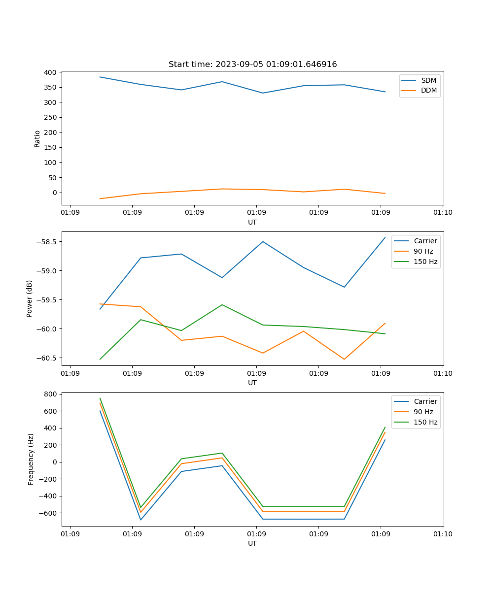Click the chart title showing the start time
[x=252, y=65]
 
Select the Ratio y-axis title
[x=37, y=138]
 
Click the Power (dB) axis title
[x=30, y=298]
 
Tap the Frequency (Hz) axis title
[x=31, y=459]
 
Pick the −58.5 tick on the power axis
[x=47, y=242]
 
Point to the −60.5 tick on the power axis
[x=47, y=358]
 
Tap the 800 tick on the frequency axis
[x=50, y=394]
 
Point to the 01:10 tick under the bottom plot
[x=442, y=534]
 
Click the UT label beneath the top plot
[x=252, y=222]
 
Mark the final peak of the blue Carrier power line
[x=385, y=237]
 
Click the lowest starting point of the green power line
[x=100, y=359]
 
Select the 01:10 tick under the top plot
[x=442, y=213]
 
